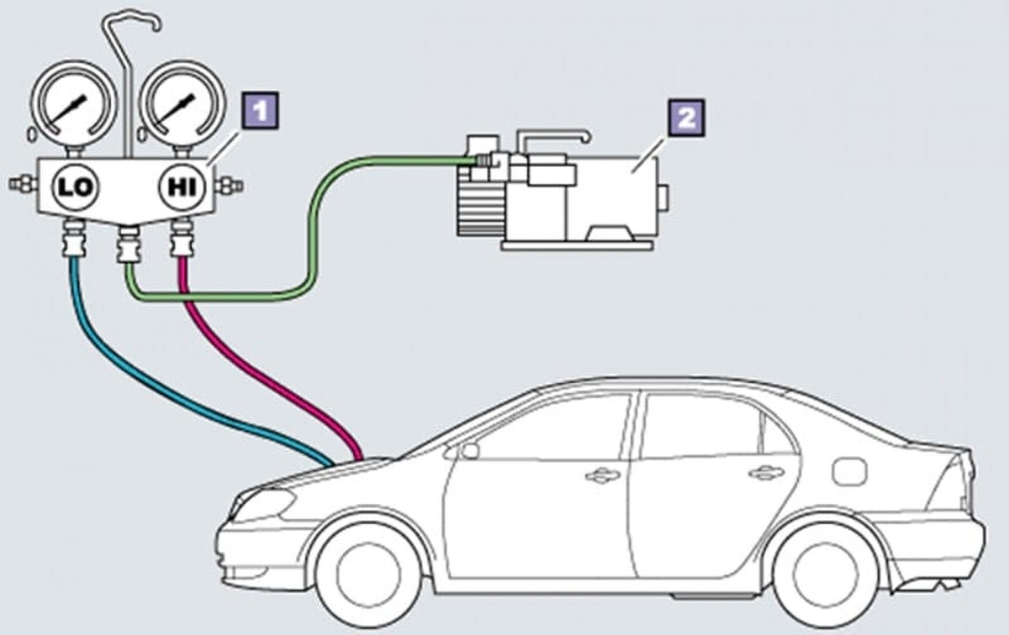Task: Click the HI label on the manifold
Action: click(x=180, y=186)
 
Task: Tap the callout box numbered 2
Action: click(x=686, y=118)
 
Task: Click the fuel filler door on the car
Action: click(x=849, y=470)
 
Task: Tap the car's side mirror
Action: click(x=468, y=451)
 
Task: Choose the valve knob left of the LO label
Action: click(x=18, y=184)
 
